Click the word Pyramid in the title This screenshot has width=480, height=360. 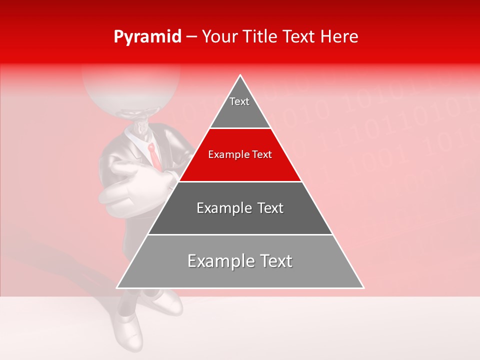pos(147,37)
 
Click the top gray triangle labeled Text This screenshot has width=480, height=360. pos(240,107)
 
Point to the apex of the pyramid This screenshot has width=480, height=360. pos(240,75)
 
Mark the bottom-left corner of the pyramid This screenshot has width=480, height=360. pos(117,287)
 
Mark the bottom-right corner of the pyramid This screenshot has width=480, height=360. pos(363,287)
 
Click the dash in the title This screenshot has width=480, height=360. pos(191,37)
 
